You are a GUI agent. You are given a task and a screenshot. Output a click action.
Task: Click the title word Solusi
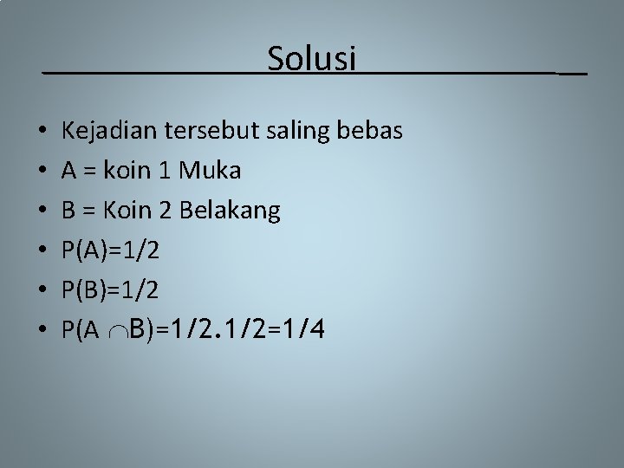(312, 58)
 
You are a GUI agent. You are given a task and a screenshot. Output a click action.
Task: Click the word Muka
(210, 171)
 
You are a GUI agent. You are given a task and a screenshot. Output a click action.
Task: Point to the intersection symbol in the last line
(119, 331)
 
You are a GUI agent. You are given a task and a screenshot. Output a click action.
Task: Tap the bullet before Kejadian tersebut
(42, 133)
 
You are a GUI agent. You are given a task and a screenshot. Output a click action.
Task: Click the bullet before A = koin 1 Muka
(42, 172)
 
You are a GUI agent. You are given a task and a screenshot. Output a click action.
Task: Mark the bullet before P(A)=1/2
(42, 251)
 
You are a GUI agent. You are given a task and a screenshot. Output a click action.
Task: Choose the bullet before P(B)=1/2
(42, 291)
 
